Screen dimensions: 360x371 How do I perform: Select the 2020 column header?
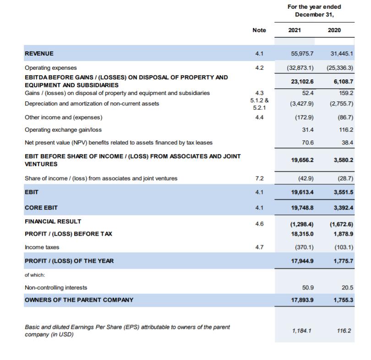click(334, 30)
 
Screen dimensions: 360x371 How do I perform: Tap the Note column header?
click(259, 30)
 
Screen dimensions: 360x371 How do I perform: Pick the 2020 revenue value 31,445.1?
click(342, 54)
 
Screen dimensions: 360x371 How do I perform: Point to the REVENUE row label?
click(39, 54)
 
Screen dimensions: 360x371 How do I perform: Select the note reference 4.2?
click(259, 67)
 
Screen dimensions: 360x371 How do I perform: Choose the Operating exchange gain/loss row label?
click(63, 130)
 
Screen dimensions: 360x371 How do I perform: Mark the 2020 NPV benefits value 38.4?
click(347, 143)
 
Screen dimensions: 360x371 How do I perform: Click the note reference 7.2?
click(259, 178)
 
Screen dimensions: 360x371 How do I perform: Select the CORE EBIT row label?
click(42, 208)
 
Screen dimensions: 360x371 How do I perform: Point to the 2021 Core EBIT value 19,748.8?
click(302, 208)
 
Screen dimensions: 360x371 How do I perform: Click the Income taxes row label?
click(42, 247)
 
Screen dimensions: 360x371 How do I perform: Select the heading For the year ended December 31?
click(314, 11)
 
